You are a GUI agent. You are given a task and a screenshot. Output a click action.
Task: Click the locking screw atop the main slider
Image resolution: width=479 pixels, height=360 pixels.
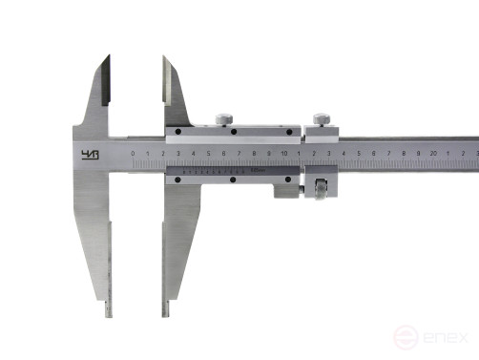click(223, 117)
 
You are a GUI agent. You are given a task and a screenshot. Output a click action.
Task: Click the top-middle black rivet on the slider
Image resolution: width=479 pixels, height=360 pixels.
click(234, 131)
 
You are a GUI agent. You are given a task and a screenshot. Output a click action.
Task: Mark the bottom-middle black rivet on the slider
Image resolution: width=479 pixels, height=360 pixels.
click(234, 179)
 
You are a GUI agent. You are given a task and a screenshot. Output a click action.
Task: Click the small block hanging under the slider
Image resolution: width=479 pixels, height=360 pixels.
click(285, 192)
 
